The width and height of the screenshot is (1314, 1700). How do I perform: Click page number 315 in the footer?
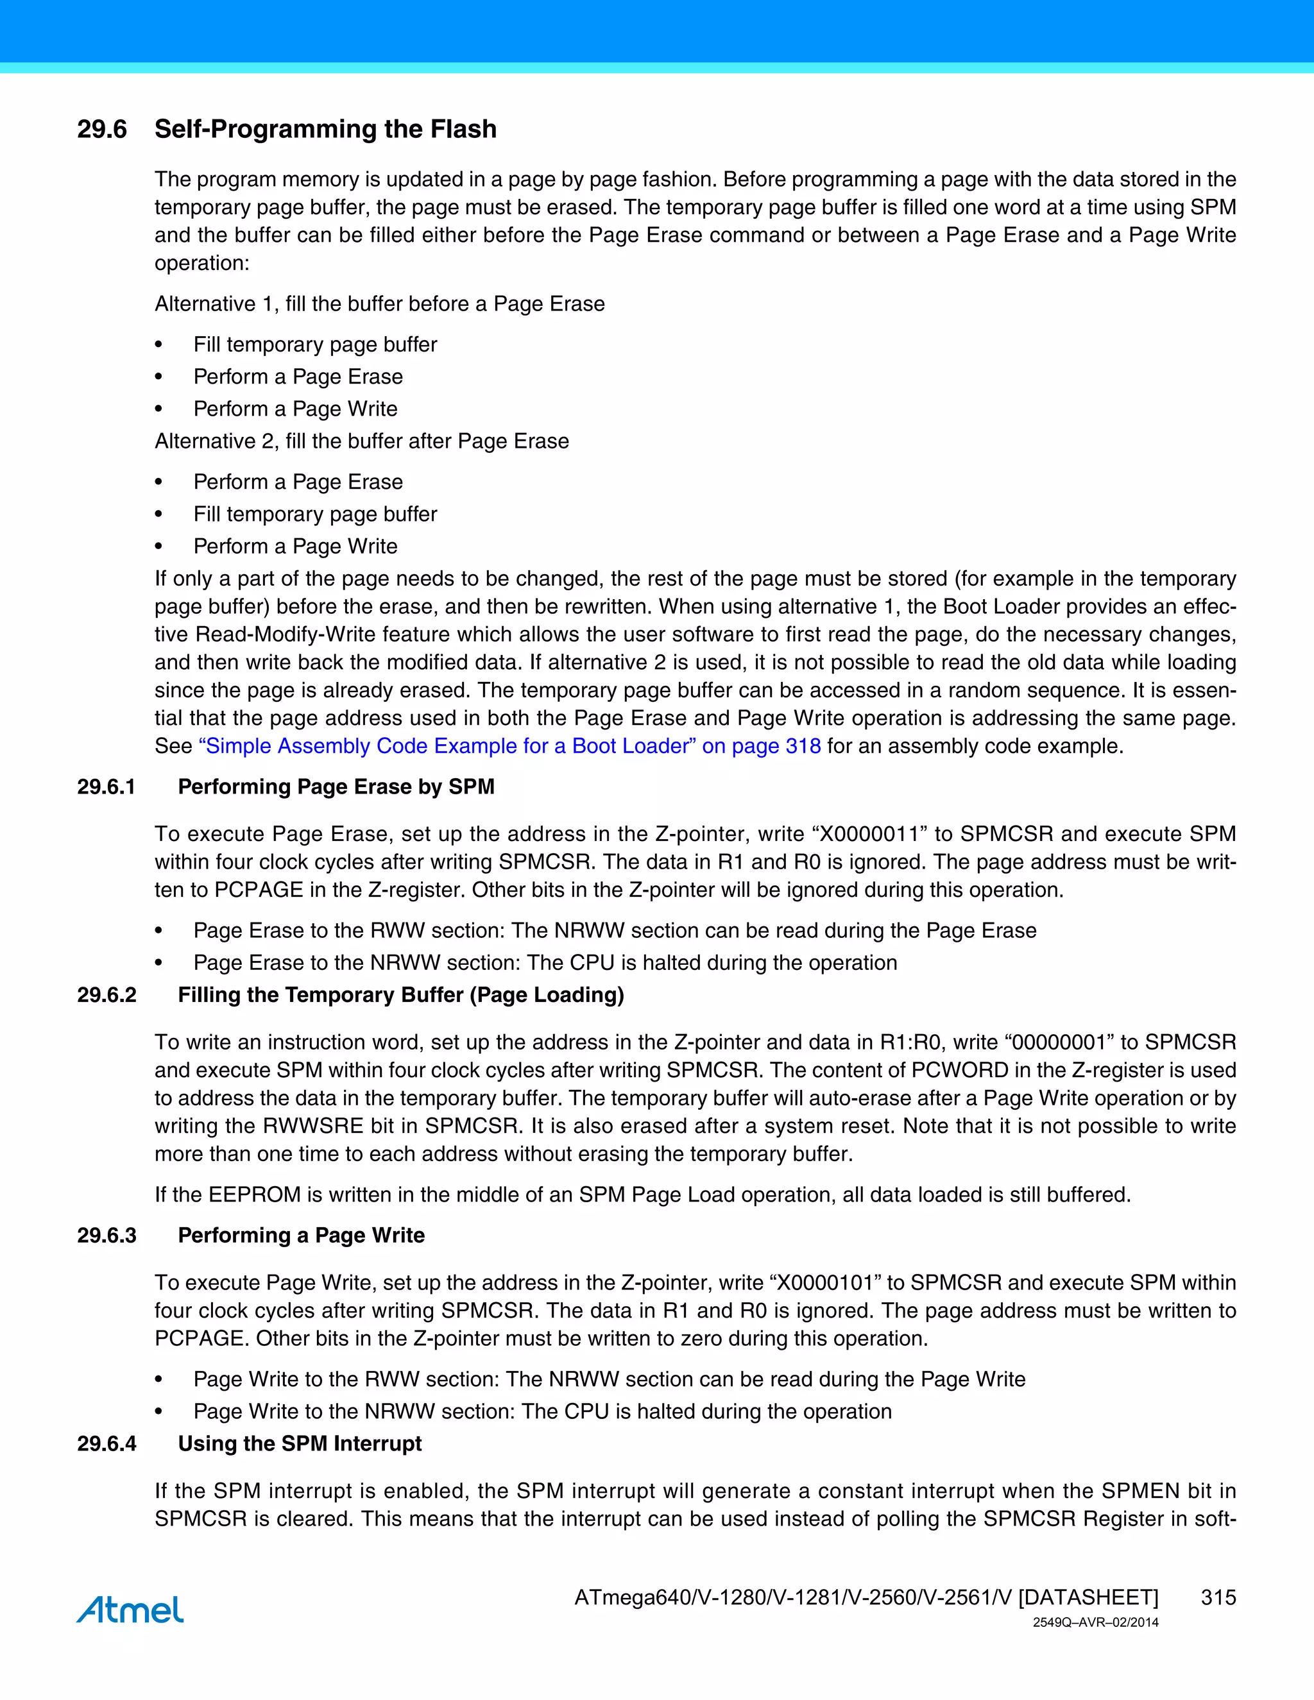pos(1218,1597)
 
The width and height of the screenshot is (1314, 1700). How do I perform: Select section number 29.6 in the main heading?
pos(102,129)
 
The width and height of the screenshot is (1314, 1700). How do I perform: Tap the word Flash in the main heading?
pos(463,129)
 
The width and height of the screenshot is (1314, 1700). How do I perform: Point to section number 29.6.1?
pos(107,787)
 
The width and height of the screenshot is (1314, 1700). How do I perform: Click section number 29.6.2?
pos(107,995)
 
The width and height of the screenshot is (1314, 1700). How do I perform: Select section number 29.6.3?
pos(107,1236)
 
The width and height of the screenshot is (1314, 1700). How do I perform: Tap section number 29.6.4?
pos(107,1443)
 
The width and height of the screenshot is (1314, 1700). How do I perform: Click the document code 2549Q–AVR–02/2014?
pos(1095,1622)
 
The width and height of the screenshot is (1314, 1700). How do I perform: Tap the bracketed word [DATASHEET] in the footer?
pos(1088,1597)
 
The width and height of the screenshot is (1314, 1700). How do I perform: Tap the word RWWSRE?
pos(314,1126)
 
